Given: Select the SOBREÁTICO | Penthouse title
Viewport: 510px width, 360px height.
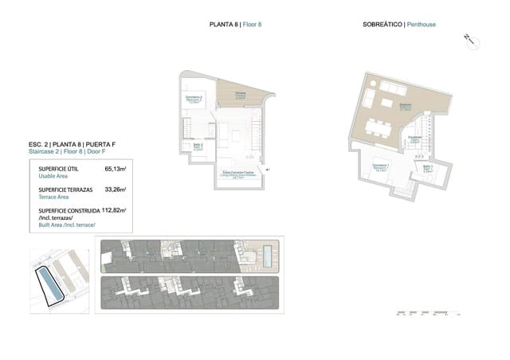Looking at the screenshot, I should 398,25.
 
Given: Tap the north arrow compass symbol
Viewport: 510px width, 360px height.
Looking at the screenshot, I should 470,40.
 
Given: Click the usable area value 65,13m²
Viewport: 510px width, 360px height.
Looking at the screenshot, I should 116,170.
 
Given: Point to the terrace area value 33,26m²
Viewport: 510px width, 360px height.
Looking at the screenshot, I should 116,190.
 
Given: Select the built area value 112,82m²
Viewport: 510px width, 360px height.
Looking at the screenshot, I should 113,211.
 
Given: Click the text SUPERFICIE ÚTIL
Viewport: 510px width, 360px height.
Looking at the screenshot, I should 59,170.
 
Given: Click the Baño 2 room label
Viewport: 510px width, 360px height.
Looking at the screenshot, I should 198,146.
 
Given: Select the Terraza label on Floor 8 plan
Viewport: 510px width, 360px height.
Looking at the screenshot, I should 240,95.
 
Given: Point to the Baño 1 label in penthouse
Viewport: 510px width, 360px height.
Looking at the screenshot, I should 427,169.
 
